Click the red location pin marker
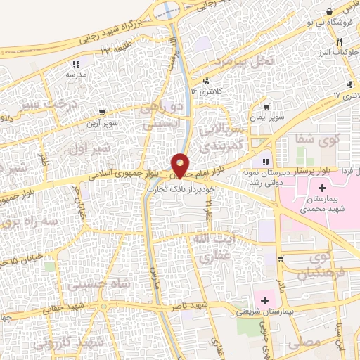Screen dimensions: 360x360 [181, 165]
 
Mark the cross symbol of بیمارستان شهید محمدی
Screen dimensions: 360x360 [322, 188]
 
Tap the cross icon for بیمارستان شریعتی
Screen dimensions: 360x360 [265, 301]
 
